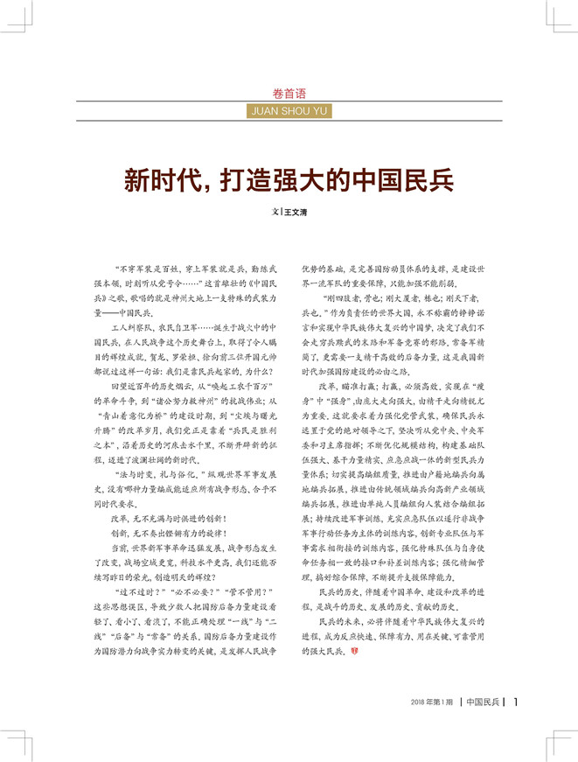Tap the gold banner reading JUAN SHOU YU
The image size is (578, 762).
point(289,112)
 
